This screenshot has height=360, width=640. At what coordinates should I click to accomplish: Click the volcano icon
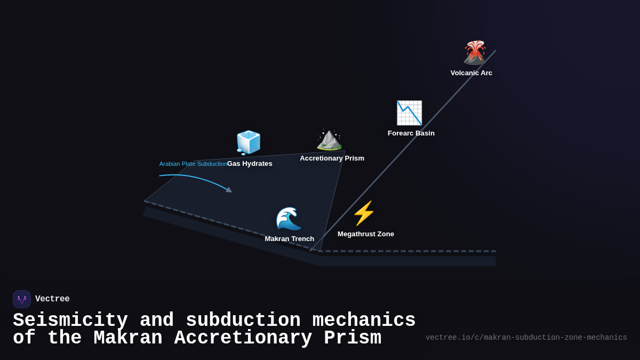coord(474,52)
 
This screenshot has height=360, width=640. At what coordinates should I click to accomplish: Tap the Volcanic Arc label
coord(471,73)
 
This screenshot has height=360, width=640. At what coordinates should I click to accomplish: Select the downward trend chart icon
coord(409,113)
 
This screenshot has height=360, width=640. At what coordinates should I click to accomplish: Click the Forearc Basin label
coord(411,133)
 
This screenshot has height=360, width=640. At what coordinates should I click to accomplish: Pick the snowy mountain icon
coord(329,140)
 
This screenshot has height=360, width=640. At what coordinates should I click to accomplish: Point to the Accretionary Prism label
coord(332,158)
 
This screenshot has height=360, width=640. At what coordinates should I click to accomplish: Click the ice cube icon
coord(249,142)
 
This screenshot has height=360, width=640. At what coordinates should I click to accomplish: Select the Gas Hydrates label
coord(250,164)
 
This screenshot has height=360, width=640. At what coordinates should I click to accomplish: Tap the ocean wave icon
coord(289,218)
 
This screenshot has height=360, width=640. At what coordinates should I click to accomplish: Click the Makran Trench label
coord(289,239)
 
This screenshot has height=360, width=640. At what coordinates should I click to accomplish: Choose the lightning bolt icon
coord(364,213)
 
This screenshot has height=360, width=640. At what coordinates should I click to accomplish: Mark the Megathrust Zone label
coord(365,234)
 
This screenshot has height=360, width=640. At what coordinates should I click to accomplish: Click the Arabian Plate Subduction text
coord(193,164)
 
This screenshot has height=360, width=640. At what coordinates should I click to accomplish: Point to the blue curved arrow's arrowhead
coord(229,190)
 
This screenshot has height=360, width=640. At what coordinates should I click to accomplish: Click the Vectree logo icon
coord(22,299)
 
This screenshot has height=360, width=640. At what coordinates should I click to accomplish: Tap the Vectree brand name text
coord(52,299)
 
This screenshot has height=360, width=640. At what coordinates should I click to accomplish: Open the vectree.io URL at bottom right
coord(526,338)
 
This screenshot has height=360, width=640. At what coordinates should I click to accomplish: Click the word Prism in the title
coord(352,339)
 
